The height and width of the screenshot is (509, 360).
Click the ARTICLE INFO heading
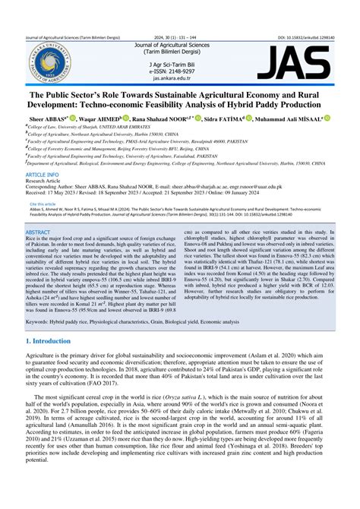point(43,174)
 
